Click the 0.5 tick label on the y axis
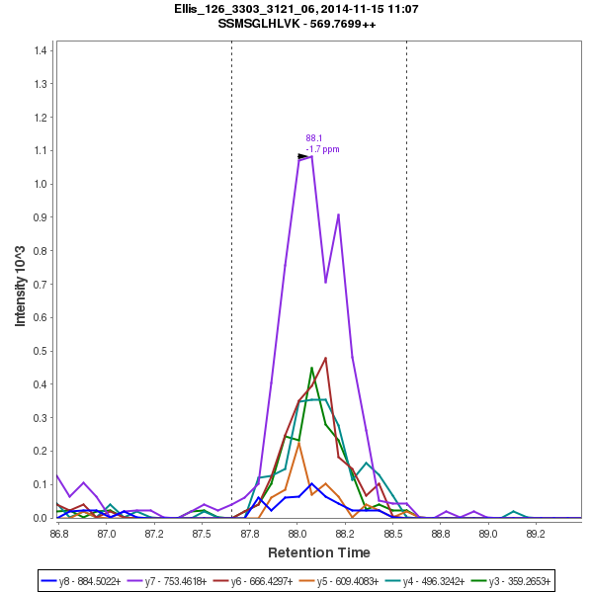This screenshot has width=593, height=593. [42, 351]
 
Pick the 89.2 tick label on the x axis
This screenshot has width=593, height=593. [535, 533]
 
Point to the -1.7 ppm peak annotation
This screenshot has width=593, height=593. [322, 149]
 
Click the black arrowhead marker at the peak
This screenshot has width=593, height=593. [303, 156]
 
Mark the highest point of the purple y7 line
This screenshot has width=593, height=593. [311, 155]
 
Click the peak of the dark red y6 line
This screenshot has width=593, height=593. [325, 358]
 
